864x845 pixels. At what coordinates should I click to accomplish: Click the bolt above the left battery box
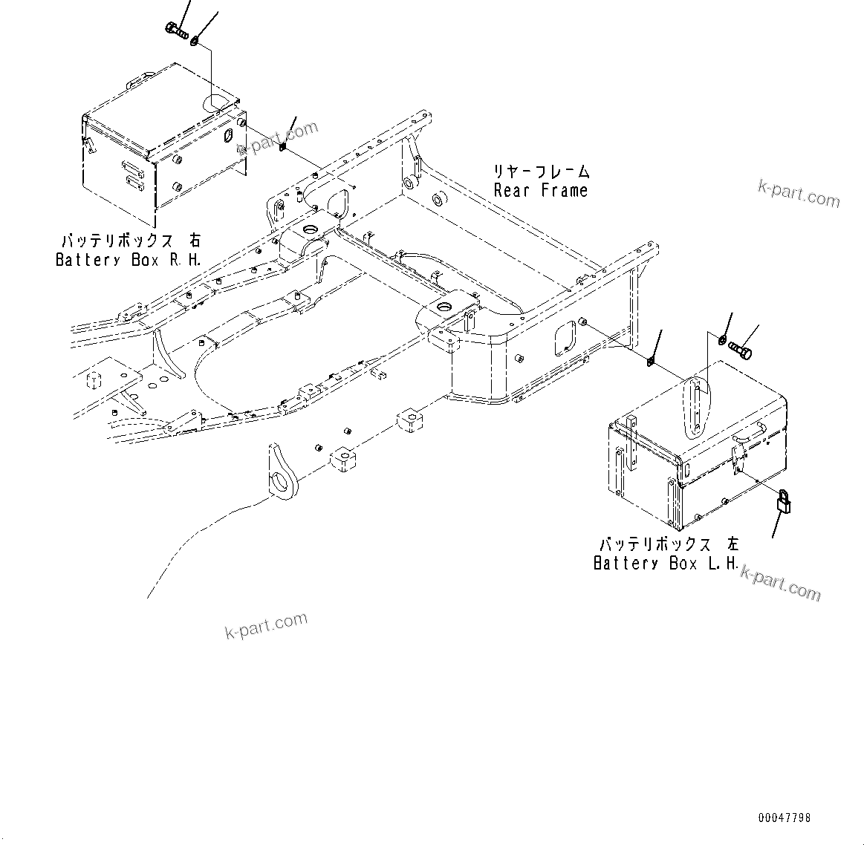point(741,346)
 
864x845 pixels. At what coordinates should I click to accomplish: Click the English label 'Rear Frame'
point(540,190)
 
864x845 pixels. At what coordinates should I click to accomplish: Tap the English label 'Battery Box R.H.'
point(128,260)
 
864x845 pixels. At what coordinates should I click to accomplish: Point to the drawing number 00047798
point(785,818)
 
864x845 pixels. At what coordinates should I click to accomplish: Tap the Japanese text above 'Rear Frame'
point(542,172)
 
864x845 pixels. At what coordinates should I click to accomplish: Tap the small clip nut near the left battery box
point(651,362)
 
